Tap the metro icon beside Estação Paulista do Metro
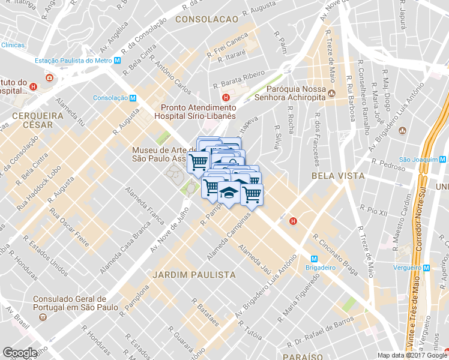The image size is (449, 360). (x=118, y=61)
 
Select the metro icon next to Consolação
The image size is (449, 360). (x=133, y=98)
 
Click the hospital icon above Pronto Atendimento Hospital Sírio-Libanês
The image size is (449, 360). (x=226, y=98)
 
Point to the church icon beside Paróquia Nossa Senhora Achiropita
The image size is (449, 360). (x=331, y=93)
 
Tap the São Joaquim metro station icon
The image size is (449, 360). (x=442, y=159)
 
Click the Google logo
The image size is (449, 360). (x=20, y=353)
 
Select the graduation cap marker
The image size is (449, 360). (x=229, y=194)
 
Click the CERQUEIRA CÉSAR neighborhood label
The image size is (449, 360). (x=32, y=119)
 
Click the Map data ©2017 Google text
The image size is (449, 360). (x=412, y=355)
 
